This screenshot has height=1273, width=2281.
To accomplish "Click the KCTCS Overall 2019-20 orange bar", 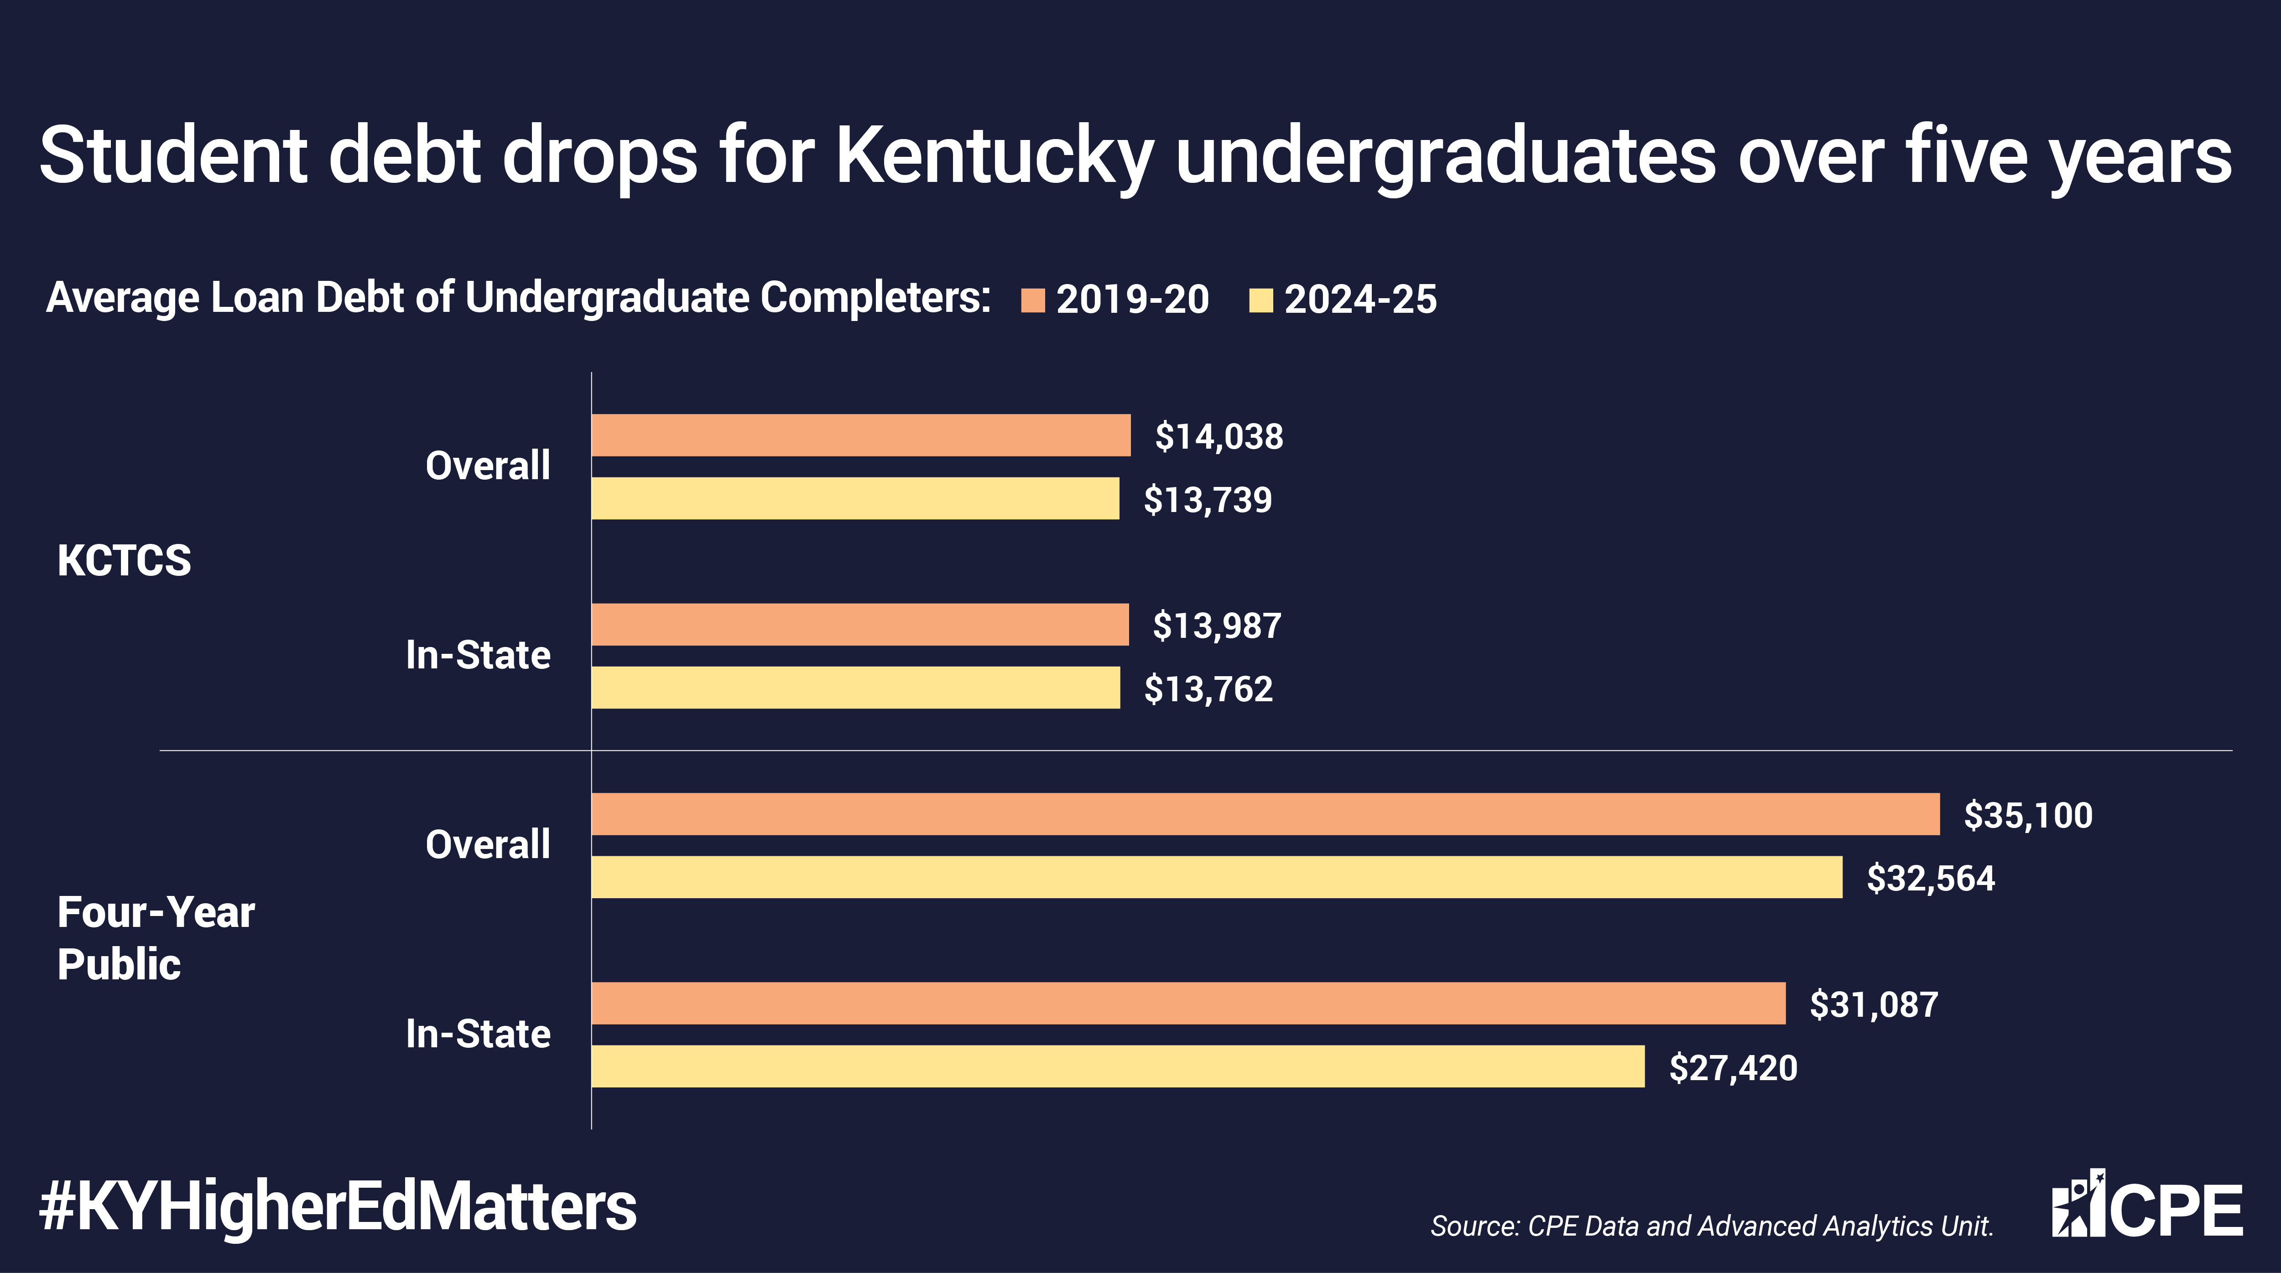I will pos(861,435).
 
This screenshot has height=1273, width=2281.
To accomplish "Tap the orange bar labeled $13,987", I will pos(860,624).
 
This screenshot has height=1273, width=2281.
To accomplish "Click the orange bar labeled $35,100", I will pos(1265,813).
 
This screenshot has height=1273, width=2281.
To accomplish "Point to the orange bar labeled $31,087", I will pos(1188,1003).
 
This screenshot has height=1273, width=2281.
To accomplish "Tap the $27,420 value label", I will pos(1733,1068).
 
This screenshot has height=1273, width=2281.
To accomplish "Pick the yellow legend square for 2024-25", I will pos(1260,300).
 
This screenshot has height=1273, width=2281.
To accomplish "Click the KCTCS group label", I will pos(124,560).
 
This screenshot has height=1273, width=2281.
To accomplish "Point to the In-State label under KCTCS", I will pos(478,655).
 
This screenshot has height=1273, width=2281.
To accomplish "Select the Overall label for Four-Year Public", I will pos(488,844).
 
